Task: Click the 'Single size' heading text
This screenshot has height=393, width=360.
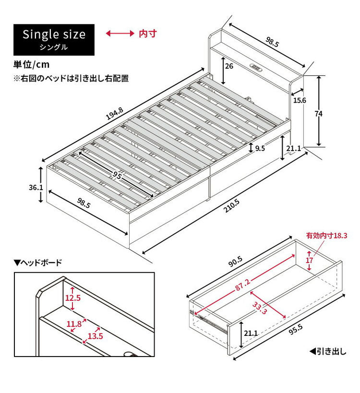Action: click(x=54, y=35)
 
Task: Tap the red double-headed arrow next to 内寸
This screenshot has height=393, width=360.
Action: click(x=120, y=34)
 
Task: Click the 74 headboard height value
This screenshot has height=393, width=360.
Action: click(x=331, y=114)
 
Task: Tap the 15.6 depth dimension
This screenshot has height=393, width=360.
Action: click(x=300, y=100)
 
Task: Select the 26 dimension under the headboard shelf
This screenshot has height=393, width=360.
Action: click(x=229, y=66)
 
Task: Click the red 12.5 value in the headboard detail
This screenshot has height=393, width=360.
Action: click(x=73, y=298)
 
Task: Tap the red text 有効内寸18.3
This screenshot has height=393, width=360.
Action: click(x=330, y=236)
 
